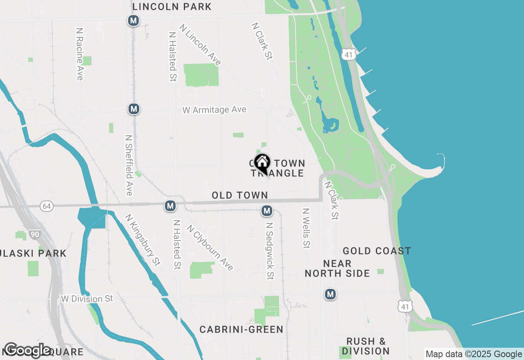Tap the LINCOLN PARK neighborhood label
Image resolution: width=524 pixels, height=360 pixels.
point(172,7)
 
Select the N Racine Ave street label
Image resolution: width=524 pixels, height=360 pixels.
point(80,54)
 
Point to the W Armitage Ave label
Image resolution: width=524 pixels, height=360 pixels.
point(215,110)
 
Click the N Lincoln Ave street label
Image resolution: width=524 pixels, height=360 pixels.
point(200,45)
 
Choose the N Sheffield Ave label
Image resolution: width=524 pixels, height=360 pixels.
point(129,165)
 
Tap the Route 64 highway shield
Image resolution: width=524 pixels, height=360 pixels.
point(47,206)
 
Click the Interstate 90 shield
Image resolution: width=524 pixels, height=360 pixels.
point(35,234)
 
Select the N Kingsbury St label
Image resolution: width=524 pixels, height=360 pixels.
point(142,240)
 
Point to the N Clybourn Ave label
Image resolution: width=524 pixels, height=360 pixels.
point(210,248)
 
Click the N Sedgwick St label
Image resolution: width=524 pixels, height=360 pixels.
point(269,251)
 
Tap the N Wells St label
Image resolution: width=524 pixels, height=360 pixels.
point(306,228)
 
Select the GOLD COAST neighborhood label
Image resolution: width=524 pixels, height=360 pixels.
point(377,251)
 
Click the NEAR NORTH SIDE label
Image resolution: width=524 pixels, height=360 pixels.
point(337,268)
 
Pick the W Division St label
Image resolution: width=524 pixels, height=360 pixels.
point(87,299)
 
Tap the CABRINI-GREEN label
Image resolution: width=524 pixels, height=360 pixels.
point(242,329)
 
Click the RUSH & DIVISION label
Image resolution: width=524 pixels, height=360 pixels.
point(366,346)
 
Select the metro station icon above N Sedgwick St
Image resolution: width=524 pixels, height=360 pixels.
point(267,211)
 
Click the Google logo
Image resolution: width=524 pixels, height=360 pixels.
point(27,350)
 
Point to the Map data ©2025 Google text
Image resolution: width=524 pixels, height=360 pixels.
point(474,354)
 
